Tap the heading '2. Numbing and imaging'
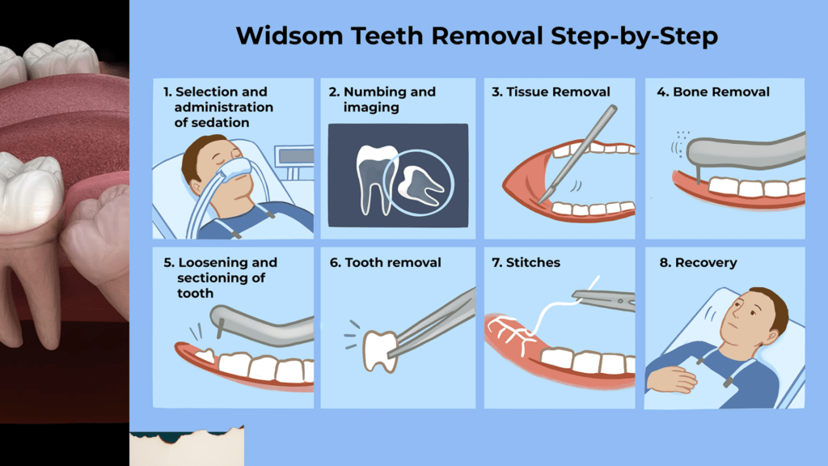click(382, 99)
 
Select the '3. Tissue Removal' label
click(551, 91)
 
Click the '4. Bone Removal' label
click(713, 91)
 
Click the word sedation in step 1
click(213, 122)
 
